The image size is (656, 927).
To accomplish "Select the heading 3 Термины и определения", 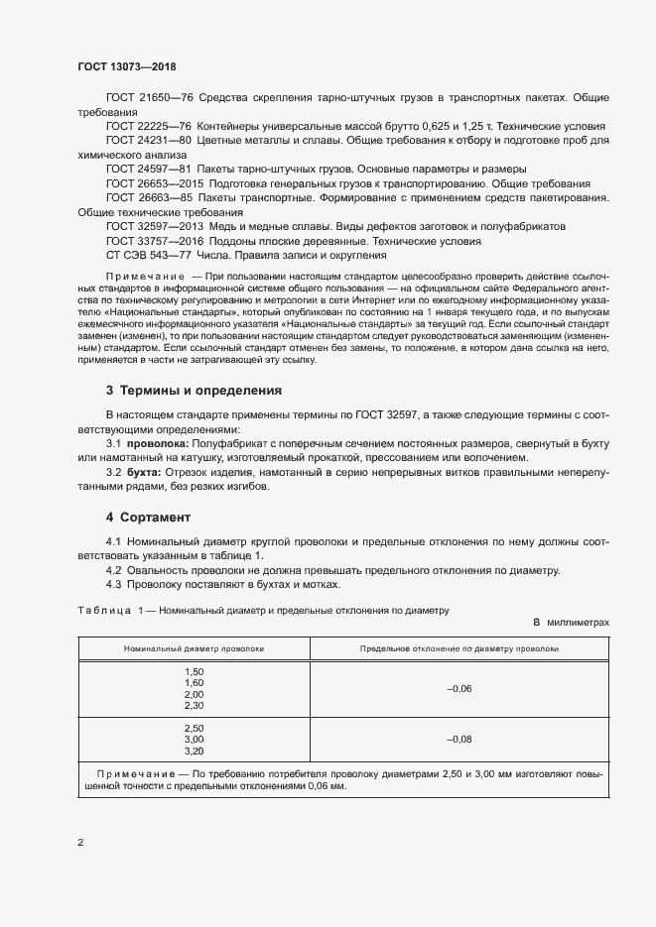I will point(194,391).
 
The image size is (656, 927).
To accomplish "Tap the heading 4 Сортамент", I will point(148,518).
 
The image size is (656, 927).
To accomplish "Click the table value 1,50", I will point(195,672).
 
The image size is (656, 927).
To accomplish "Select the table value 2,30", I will point(195,705).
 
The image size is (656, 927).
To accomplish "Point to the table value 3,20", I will point(195,751).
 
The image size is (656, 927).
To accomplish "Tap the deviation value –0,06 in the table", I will point(459,688).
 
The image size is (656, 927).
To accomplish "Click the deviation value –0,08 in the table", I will point(459,739).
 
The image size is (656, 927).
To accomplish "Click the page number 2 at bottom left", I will point(80,843).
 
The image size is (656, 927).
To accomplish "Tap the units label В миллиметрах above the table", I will point(571,622).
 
